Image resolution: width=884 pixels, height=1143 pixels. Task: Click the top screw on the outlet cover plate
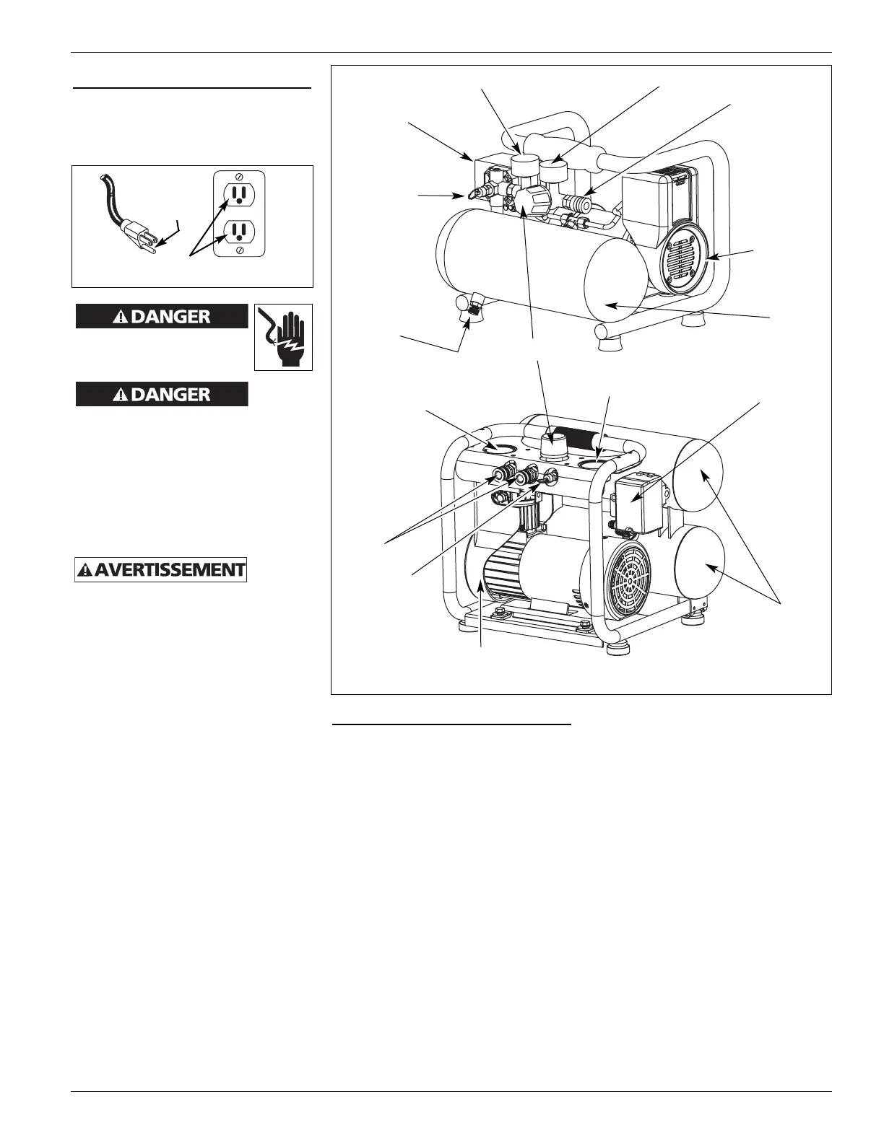pyautogui.click(x=239, y=178)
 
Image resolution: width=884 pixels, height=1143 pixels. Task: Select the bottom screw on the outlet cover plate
pyautogui.click(x=239, y=250)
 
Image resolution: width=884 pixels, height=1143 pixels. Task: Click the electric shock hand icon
pyautogui.click(x=283, y=337)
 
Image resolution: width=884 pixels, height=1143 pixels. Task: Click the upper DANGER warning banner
pyautogui.click(x=162, y=317)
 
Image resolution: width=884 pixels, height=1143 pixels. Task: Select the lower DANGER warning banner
pyautogui.click(x=162, y=395)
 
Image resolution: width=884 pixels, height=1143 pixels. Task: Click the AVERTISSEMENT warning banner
pyautogui.click(x=161, y=569)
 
